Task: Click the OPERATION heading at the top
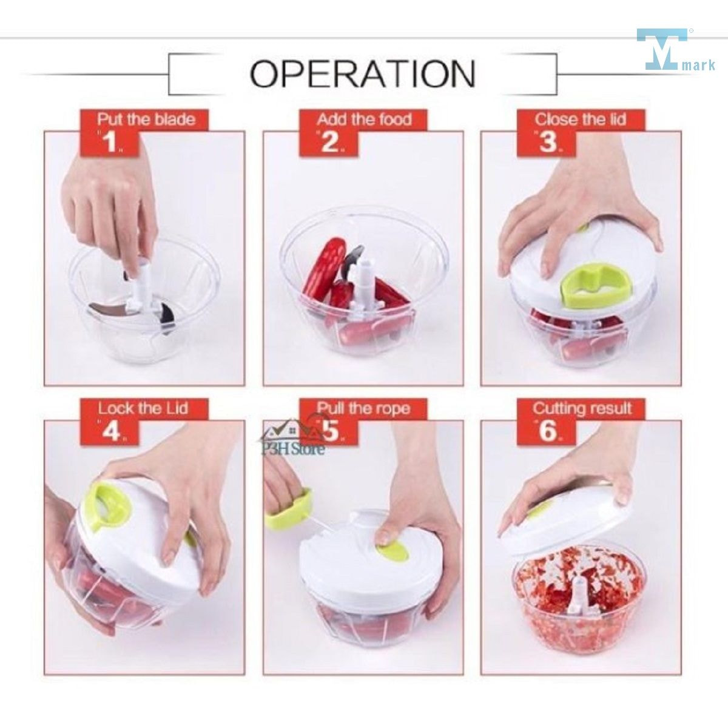click(363, 74)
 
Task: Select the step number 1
click(110, 143)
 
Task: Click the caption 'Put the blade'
click(146, 120)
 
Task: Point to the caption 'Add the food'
click(364, 120)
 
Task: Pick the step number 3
click(548, 142)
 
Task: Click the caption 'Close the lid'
click(581, 120)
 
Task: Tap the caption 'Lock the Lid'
click(143, 408)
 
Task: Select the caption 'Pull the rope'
click(363, 408)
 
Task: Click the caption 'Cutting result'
click(582, 408)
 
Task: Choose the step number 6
click(548, 431)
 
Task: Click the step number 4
click(111, 431)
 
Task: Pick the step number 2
click(330, 143)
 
